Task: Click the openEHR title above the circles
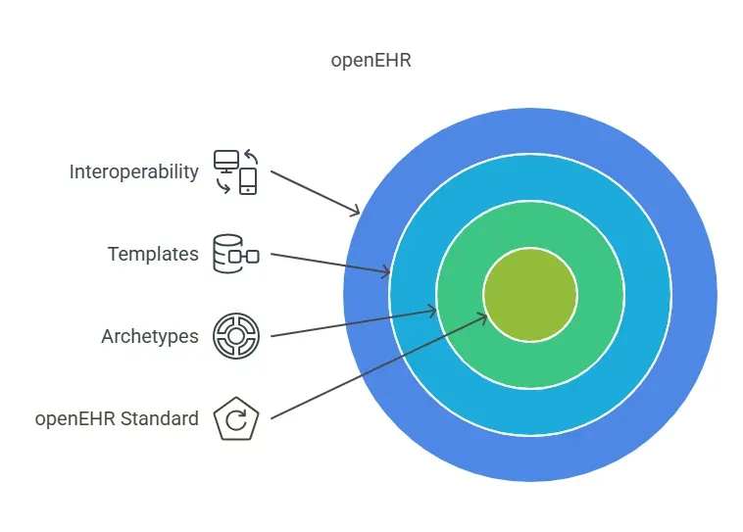(x=371, y=60)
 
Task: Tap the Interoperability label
(x=133, y=172)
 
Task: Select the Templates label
(x=153, y=255)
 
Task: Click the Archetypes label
(x=149, y=337)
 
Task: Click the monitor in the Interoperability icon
(x=226, y=161)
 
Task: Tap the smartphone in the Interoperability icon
(x=248, y=181)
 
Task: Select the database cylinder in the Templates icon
(x=226, y=254)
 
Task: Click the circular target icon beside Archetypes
(x=235, y=337)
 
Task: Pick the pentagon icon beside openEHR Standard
(x=235, y=419)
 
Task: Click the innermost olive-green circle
(x=529, y=294)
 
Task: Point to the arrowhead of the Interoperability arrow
(x=357, y=212)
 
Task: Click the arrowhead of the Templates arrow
(x=387, y=271)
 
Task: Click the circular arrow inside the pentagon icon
(x=235, y=421)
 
